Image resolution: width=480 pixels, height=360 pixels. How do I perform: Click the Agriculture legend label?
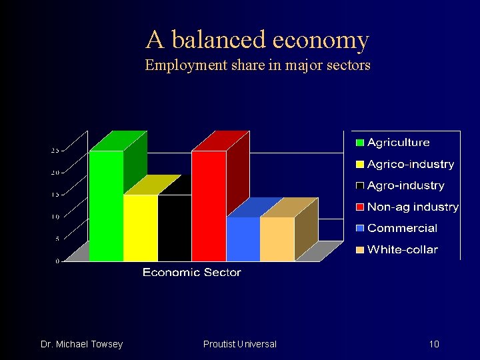click(398, 142)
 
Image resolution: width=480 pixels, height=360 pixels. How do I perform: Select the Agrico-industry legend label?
click(410, 164)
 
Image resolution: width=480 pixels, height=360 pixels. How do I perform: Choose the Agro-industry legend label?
click(405, 185)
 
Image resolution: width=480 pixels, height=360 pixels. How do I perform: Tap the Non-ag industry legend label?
click(413, 207)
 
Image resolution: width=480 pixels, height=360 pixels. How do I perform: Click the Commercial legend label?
click(402, 228)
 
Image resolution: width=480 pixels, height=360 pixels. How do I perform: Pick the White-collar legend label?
click(402, 249)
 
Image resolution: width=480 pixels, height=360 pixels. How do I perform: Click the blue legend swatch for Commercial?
click(360, 229)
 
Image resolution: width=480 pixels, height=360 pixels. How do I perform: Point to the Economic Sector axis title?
click(191, 272)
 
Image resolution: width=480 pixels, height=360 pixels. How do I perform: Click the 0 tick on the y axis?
click(57, 261)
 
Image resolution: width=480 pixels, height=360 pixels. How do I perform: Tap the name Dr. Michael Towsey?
click(81, 344)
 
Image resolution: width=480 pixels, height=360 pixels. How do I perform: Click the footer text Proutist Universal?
click(239, 344)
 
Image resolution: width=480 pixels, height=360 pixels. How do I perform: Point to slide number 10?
click(434, 344)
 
